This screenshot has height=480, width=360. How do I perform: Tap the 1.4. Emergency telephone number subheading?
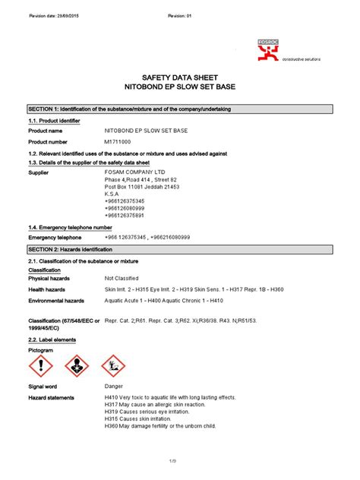[x=70, y=227]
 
